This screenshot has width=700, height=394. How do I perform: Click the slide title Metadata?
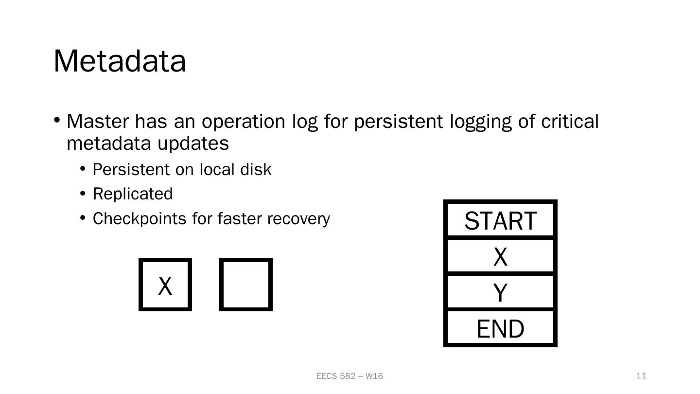120,61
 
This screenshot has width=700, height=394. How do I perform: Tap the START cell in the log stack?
500,221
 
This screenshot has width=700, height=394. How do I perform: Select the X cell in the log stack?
500,256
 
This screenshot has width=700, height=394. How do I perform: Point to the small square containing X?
165,285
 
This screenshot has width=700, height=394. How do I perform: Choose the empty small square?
246,285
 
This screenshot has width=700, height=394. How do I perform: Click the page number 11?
641,376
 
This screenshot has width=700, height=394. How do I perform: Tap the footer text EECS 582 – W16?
350,376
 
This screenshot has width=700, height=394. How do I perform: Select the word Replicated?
132,194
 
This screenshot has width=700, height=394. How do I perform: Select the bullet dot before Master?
57,120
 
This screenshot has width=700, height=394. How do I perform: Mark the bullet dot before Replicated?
83,194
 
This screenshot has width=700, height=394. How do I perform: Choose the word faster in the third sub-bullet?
240,219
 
